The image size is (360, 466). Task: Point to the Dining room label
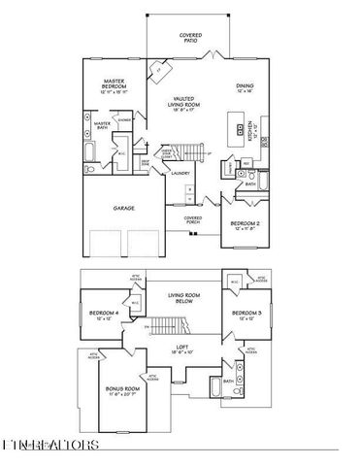coord(244,88)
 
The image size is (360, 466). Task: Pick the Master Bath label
coord(100,126)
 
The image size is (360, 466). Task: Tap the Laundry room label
coord(180,173)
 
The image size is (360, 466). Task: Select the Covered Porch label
coord(193,219)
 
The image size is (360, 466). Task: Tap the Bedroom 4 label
coord(104,315)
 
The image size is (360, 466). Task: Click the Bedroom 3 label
coord(244,315)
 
